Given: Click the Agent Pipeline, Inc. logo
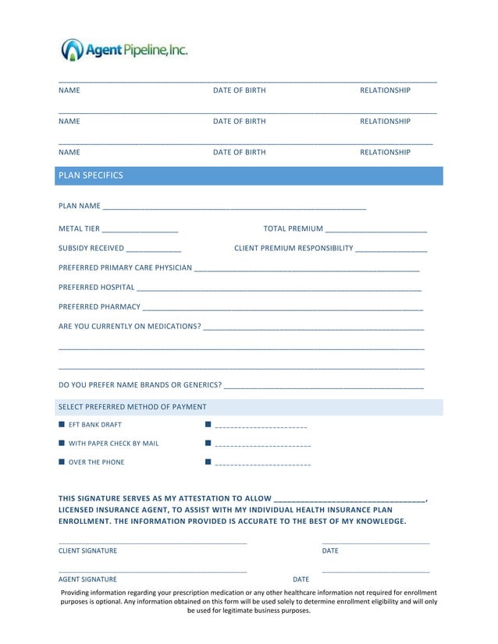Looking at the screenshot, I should click(125, 51).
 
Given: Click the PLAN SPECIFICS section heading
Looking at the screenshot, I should click(91, 175).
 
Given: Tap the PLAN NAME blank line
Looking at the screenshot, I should click(234, 207).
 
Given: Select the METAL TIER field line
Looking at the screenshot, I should click(140, 230).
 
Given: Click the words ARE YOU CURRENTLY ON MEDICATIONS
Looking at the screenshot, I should click(130, 326).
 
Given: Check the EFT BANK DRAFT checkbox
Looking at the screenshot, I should click(62, 425).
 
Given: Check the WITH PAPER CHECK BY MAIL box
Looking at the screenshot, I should click(62, 444).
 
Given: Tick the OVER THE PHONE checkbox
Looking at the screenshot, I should click(62, 462).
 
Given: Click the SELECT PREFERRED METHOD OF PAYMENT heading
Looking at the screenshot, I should click(133, 407).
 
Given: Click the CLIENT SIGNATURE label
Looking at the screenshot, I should click(88, 550).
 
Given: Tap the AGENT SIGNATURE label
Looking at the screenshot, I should click(87, 579).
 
